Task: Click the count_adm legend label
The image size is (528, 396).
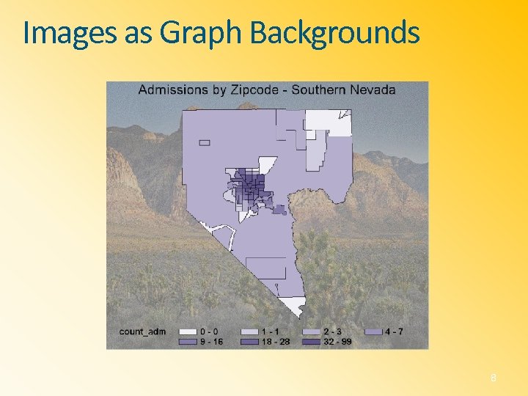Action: click(142, 331)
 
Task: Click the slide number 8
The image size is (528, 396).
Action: click(494, 378)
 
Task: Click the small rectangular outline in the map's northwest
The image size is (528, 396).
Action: click(204, 142)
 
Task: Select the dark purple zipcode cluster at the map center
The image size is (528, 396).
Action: click(249, 188)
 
